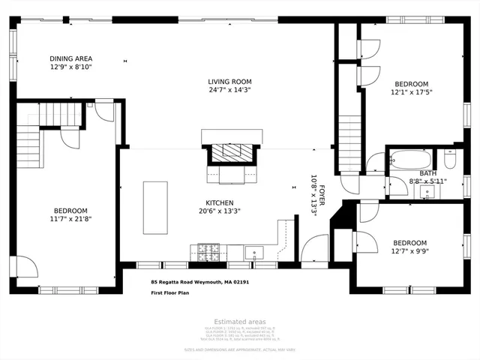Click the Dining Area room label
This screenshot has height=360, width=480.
[x=70, y=58]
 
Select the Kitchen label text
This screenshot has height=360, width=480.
[x=220, y=202]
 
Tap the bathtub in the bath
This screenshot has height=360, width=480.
[x=409, y=160]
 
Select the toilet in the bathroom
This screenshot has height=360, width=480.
[x=451, y=159]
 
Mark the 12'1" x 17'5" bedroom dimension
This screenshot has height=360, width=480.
[x=411, y=92]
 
